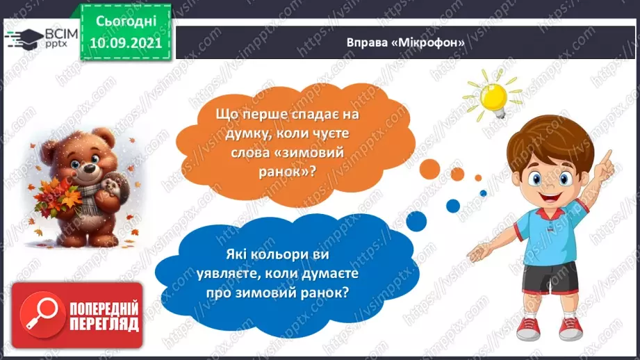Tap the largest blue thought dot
coord(452,205)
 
